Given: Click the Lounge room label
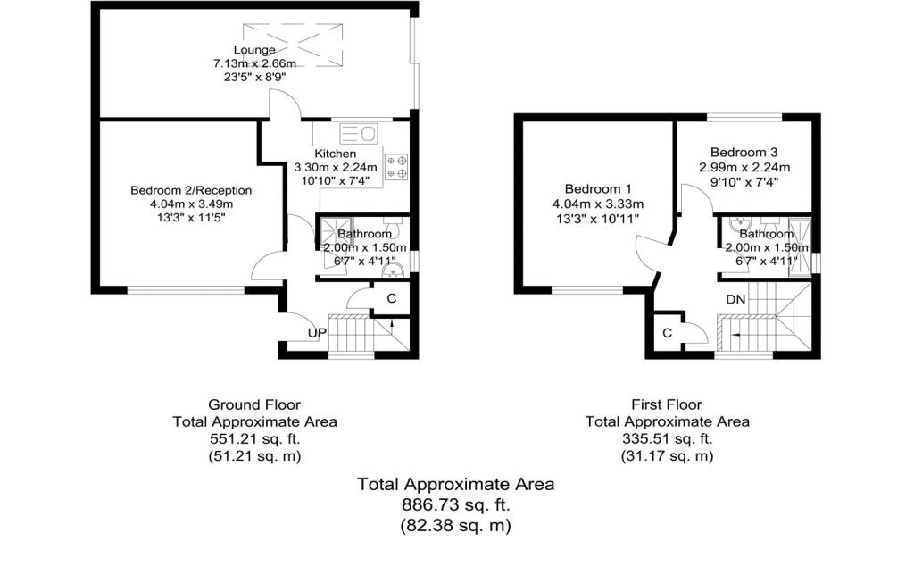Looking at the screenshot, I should (254, 50).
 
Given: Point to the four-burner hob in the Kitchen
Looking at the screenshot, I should (395, 167).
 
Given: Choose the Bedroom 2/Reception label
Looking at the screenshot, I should (191, 190).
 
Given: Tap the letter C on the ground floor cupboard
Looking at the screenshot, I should (392, 299).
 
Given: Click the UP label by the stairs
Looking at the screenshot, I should (316, 333).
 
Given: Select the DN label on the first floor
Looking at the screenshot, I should (735, 300).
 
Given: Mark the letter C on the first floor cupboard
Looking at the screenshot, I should (667, 333).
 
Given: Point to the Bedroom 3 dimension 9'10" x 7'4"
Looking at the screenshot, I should (744, 181).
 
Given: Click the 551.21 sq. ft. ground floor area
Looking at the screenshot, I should (253, 438).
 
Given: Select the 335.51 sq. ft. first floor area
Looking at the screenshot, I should (667, 438).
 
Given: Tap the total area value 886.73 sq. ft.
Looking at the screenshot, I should (455, 505).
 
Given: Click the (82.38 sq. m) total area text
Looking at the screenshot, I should (455, 526).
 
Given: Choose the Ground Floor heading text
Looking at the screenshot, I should (253, 404).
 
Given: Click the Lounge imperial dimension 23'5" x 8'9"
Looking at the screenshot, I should (254, 78).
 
